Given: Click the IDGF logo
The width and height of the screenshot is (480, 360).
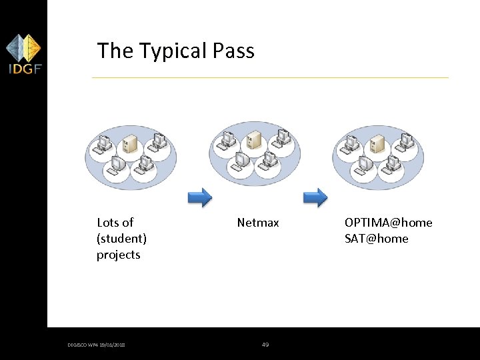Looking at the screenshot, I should point(23,54).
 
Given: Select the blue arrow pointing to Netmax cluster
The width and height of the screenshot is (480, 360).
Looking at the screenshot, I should point(199,197).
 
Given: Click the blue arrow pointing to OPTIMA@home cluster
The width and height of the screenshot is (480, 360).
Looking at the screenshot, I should point(315,197).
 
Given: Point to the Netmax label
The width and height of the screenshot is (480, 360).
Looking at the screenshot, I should point(258,223).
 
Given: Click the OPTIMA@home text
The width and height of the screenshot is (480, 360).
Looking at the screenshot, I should point(388,223).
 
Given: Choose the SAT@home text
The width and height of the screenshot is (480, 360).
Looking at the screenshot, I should point(376,239).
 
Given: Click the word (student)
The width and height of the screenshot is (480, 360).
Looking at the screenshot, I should point(121,239).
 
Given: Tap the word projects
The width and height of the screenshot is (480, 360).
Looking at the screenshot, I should point(118,255).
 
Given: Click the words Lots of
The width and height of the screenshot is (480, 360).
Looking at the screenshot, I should point(115,223).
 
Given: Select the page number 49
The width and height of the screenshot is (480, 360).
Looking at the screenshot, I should point(265,345).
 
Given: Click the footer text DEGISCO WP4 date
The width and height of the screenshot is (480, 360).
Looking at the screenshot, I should point(96,345).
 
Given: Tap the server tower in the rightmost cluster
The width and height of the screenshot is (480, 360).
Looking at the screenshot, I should point(377,141).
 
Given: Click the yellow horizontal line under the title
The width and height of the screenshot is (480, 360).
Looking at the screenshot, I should point(270,78).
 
